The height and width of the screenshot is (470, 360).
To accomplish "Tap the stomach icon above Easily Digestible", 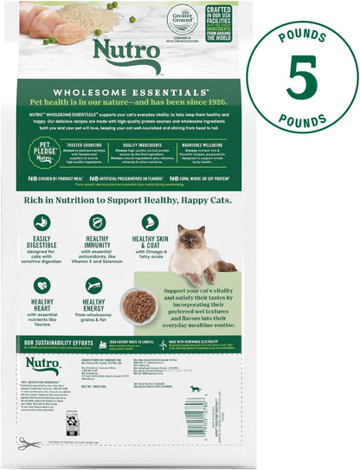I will click(42, 222).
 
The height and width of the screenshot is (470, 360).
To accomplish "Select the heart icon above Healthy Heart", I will click(42, 285).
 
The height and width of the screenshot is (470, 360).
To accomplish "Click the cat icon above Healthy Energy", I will click(94, 285).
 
